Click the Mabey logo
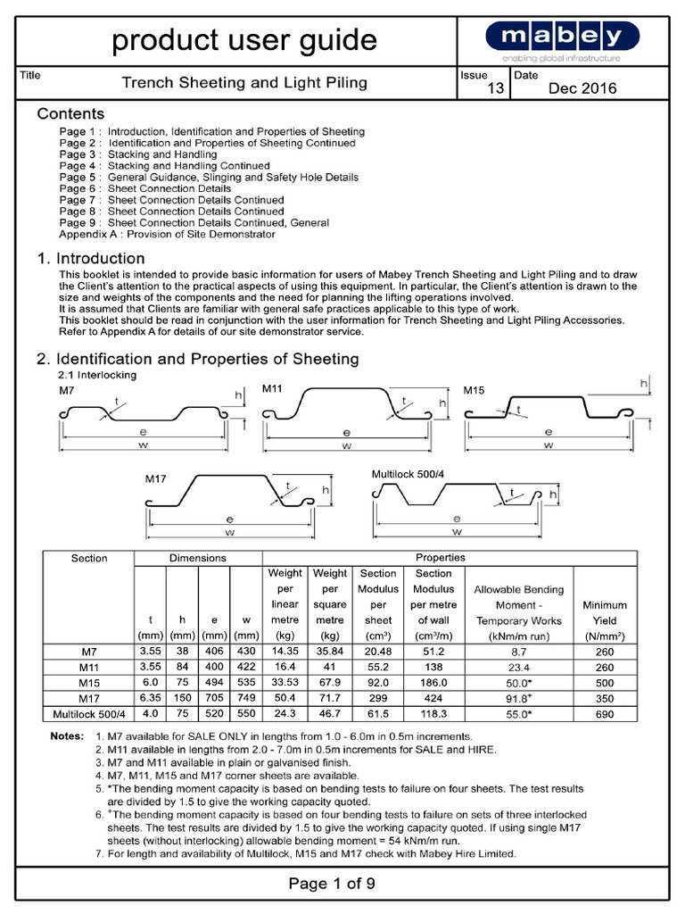point(562,38)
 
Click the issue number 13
point(496,87)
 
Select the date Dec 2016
point(582,87)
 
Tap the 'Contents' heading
point(70,114)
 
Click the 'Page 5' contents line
point(209,178)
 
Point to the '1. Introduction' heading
point(90,259)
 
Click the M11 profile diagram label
point(272,389)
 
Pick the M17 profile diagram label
point(156,479)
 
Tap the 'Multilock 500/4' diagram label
point(407,472)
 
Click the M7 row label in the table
point(88,652)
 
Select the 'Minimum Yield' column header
point(604,612)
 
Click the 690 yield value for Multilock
point(604,714)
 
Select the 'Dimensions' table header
point(197,558)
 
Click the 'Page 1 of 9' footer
point(332,884)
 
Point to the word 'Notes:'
point(67,736)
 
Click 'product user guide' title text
point(243,40)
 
